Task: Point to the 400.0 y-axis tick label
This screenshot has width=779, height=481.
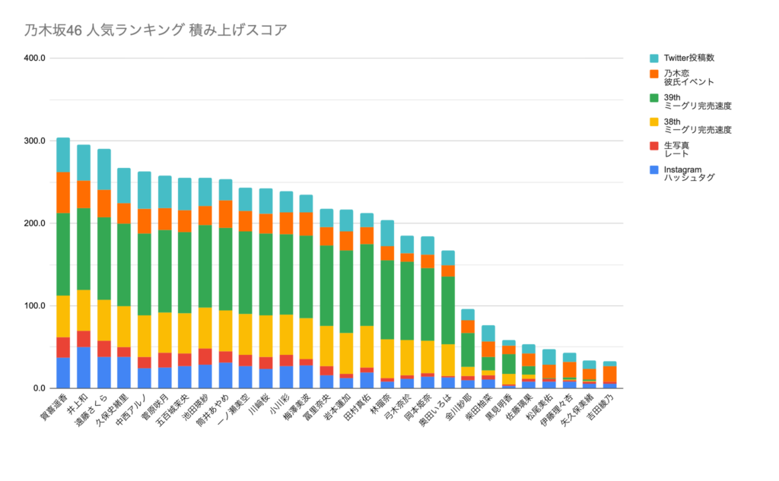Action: point(35,59)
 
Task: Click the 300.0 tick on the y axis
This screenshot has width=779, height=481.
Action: point(35,141)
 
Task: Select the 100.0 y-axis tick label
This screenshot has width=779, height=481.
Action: point(35,306)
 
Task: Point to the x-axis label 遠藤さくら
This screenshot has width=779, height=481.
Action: point(94,414)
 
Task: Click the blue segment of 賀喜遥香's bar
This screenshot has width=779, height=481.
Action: point(63,373)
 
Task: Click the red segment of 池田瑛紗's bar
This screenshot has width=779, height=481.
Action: point(205,356)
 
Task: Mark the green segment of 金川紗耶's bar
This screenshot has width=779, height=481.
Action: point(468,350)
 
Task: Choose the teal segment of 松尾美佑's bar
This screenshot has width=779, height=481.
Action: point(549,356)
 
